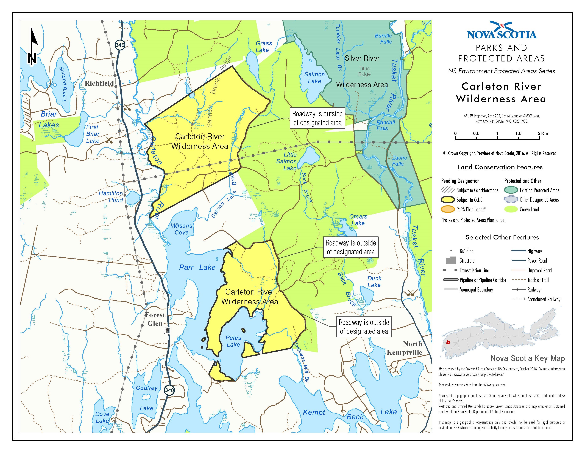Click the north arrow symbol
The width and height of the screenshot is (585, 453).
33,47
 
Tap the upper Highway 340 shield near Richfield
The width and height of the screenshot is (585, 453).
120,45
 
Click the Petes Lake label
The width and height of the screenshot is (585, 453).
233,341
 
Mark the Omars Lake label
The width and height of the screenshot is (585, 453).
358,220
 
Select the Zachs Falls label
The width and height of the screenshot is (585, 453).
399,161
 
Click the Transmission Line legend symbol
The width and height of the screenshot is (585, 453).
450,270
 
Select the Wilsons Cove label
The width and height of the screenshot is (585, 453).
181,229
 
